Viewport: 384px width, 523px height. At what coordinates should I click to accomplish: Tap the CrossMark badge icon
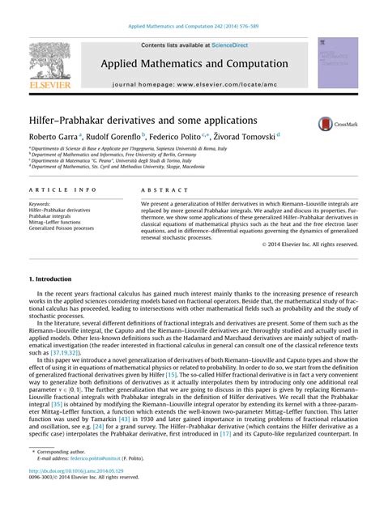point(326,123)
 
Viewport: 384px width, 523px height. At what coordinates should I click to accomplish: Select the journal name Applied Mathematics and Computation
point(194,63)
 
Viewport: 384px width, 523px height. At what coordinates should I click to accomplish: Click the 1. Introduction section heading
point(50,279)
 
